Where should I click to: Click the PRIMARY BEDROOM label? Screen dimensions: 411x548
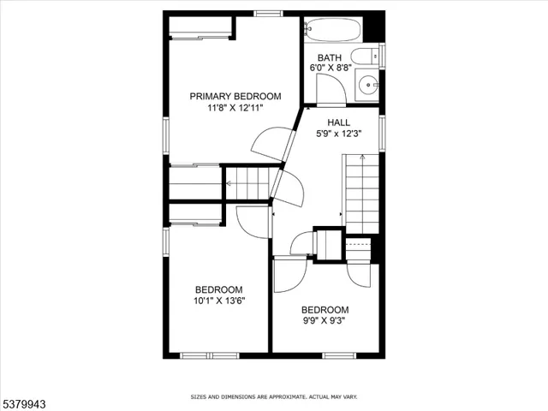tap(235, 97)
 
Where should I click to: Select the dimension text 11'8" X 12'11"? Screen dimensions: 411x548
tap(235, 108)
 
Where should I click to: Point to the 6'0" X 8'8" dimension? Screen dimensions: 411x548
tap(329, 67)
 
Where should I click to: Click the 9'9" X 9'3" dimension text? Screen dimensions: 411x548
tap(325, 320)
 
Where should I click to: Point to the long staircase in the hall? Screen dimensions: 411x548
tap(360, 193)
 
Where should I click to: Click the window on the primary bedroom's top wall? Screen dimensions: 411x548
tap(269, 13)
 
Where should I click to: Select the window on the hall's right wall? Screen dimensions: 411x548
tap(383, 128)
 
